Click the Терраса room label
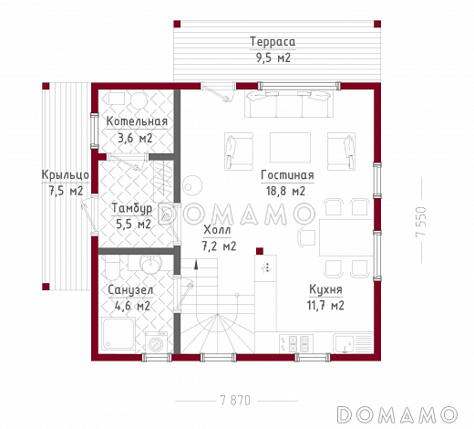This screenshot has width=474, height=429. [x=273, y=42]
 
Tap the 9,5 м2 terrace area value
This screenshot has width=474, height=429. [x=273, y=58]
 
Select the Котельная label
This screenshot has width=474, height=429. [x=137, y=121]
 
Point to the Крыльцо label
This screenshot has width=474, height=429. [x=66, y=175]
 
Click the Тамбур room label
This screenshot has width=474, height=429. [x=132, y=208]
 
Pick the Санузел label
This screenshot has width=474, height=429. [x=130, y=290]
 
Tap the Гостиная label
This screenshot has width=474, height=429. [x=287, y=175]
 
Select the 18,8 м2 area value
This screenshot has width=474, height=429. [x=285, y=191]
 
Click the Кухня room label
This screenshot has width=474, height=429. [x=325, y=289]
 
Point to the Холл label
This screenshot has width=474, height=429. [x=217, y=230]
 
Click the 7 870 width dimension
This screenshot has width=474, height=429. [x=235, y=401]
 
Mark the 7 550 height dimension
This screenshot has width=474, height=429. [x=421, y=222]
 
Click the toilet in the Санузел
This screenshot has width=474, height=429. [x=112, y=267]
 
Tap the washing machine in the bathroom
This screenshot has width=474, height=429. [x=156, y=342]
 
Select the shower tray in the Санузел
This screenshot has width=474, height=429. [x=118, y=333]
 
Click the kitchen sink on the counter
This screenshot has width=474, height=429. [x=345, y=343]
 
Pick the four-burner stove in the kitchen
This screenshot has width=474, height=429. [x=296, y=343]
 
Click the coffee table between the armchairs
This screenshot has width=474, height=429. [x=290, y=148]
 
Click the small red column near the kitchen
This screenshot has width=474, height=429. [x=260, y=251]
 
